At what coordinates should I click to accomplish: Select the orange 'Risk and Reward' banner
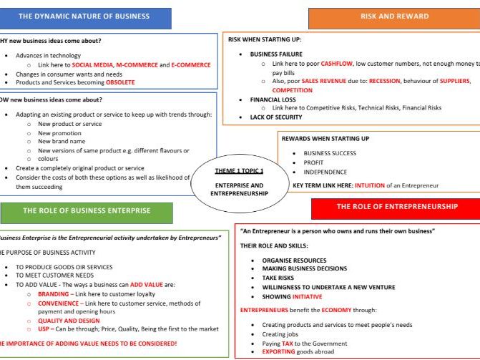click(x=394, y=16)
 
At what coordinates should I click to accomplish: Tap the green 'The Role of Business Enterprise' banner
click(x=87, y=210)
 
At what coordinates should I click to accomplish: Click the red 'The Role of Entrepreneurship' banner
click(x=397, y=207)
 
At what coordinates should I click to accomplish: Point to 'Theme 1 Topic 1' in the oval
click(x=239, y=171)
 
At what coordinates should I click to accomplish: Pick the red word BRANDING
click(x=54, y=294)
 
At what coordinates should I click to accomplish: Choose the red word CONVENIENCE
click(x=59, y=303)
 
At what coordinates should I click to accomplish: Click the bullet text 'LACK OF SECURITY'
click(x=275, y=117)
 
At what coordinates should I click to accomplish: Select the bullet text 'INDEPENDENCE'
click(x=325, y=172)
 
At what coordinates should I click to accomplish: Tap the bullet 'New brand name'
click(x=63, y=142)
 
